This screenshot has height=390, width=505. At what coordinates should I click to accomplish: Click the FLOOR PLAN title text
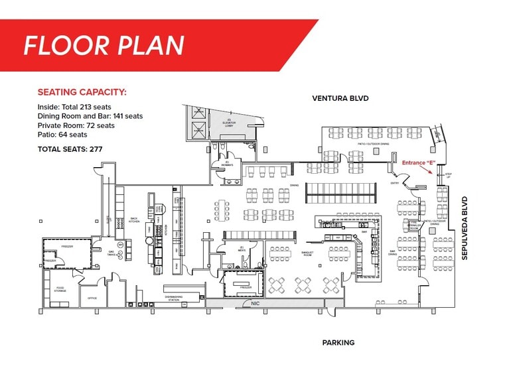(103, 44)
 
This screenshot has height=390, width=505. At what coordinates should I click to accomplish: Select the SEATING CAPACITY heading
(82, 92)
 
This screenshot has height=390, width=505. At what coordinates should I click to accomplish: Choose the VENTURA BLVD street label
(340, 98)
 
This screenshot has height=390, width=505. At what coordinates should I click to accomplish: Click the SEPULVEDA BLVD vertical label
(465, 228)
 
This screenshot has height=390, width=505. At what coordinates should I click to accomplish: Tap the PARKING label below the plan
(338, 343)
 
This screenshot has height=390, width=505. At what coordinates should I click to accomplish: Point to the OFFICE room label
(92, 298)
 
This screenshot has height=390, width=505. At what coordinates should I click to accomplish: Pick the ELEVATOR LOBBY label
(228, 123)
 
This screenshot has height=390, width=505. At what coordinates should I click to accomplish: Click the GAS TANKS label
(112, 254)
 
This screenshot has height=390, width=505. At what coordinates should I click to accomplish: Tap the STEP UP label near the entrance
(448, 175)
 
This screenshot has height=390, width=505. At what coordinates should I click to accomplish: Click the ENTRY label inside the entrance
(394, 183)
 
